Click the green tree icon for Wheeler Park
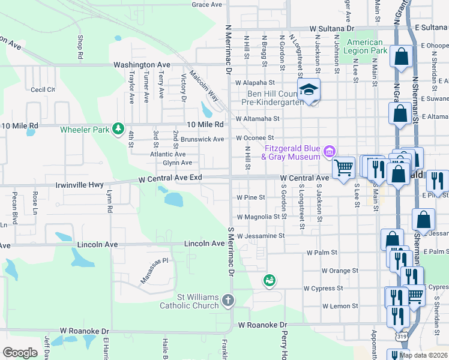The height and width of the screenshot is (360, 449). pos(119,129)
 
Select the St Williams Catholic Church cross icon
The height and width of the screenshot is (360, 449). pos(228,300)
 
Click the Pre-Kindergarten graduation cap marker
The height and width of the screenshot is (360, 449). pos(309,90)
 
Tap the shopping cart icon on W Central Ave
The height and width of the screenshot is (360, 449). pos(343,167)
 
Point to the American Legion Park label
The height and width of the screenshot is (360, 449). pos(366,47)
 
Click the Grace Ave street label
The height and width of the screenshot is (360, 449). pos(207,5)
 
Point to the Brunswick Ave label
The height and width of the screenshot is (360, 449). pos(202,139)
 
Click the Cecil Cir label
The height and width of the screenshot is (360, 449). pos(43,89)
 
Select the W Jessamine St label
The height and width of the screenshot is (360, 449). pos(260,236)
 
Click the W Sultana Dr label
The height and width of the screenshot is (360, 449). pos(332,28)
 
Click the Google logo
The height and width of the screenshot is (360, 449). pos(20,353)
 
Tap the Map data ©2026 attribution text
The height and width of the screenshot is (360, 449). pos(423,355)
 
